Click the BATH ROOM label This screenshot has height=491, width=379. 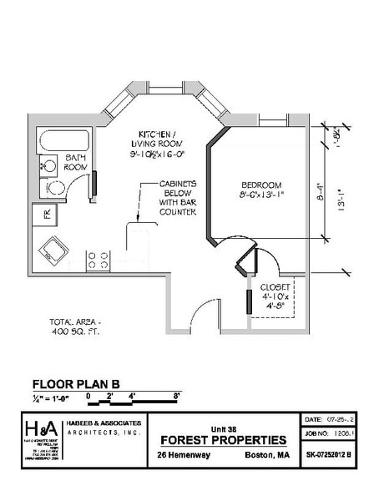(x=76, y=162)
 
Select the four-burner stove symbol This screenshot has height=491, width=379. (x=99, y=260)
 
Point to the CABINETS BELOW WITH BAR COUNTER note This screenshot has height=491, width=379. (x=178, y=198)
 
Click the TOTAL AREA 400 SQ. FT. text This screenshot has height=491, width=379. (x=82, y=326)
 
